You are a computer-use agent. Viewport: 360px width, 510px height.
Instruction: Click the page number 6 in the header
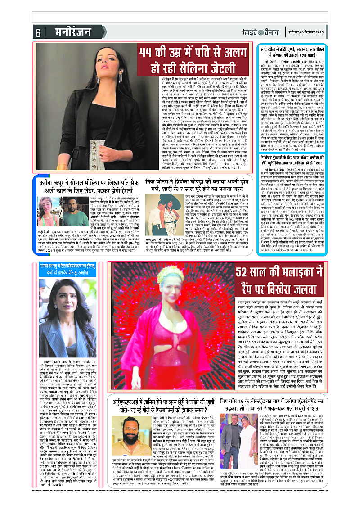pyautogui.click(x=38, y=32)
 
